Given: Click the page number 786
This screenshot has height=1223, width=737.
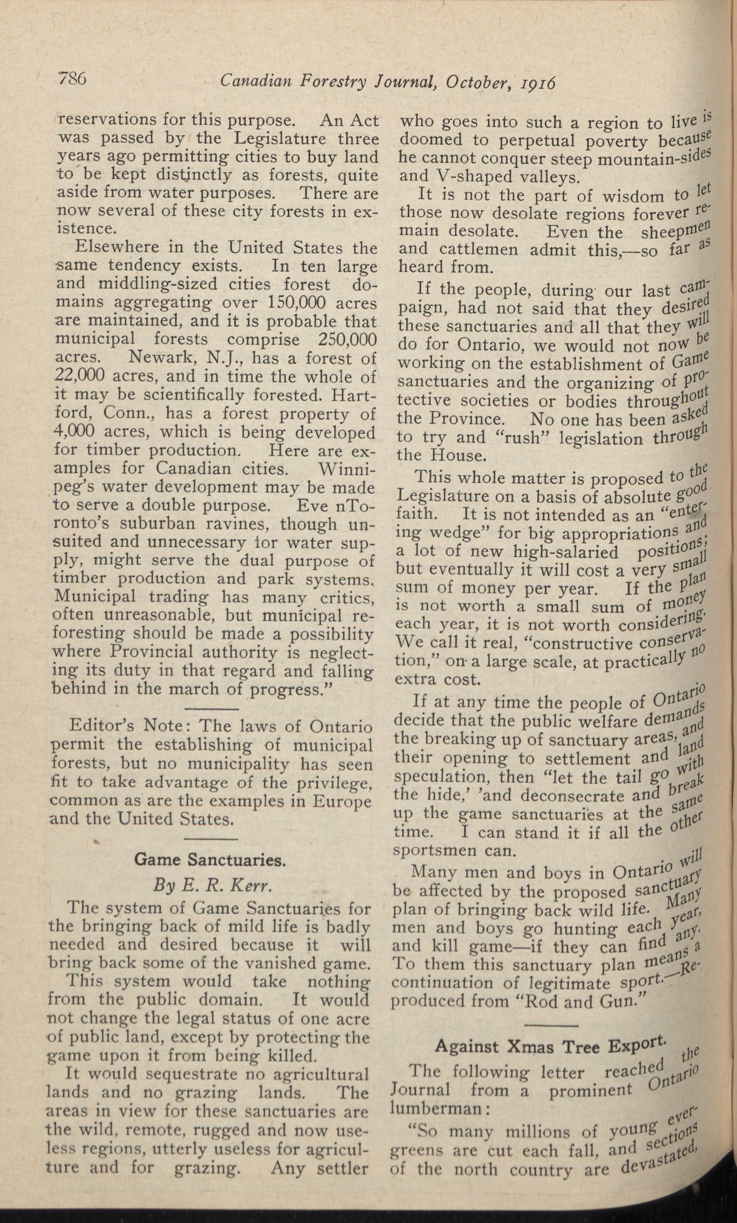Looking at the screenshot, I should pyautogui.click(x=73, y=79).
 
